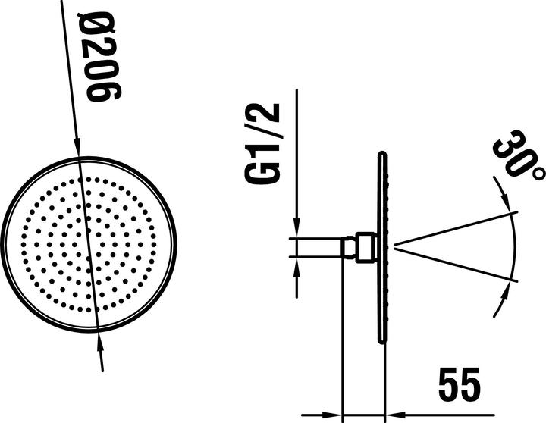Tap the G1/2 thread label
point(263,143)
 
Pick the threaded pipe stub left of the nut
point(319,247)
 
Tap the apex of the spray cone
point(394,246)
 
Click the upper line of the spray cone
point(455,228)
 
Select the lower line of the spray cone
point(455,265)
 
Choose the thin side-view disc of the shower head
point(381,246)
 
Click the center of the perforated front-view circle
point(89,246)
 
